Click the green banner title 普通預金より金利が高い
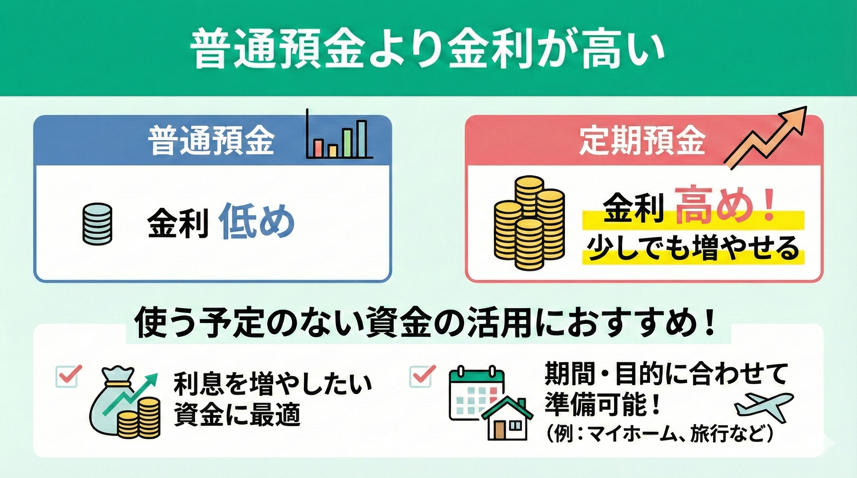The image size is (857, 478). click(428, 50)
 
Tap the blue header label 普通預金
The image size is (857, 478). click(211, 141)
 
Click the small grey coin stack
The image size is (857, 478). click(97, 225)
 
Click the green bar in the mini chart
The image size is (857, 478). click(347, 143)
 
